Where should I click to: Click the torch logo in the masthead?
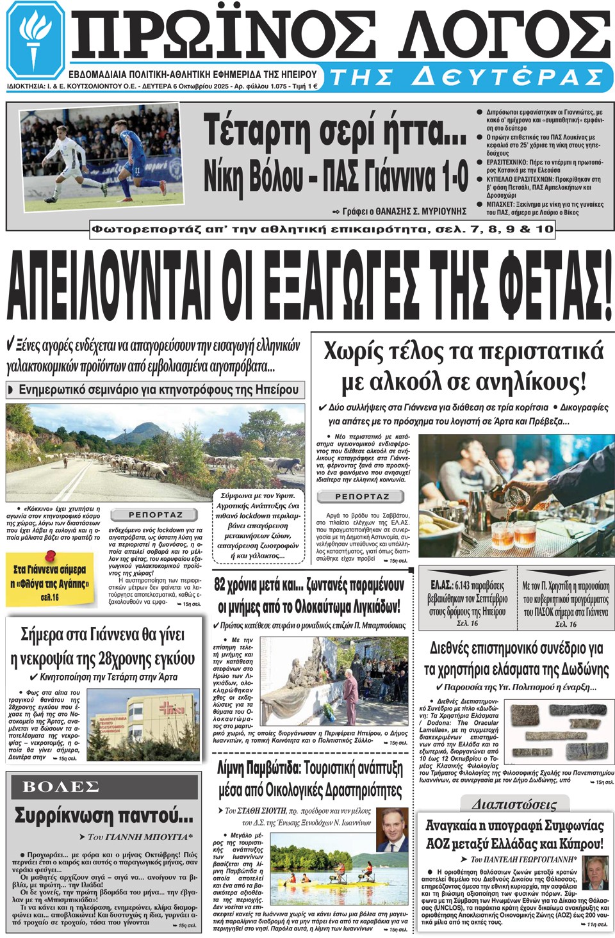click(36, 40)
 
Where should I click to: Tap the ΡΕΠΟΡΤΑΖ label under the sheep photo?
click(155, 515)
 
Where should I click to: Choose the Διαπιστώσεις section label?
click(514, 804)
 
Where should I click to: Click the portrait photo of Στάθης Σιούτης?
click(391, 830)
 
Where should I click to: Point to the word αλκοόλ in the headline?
click(409, 383)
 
